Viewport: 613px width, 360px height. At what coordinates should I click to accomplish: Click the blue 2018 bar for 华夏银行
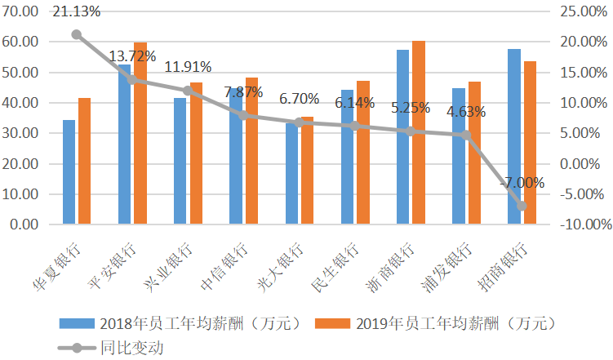point(69,172)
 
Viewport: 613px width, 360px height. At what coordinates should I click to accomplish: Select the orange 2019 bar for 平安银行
point(140,133)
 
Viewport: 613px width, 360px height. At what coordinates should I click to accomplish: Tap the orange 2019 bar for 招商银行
point(530,143)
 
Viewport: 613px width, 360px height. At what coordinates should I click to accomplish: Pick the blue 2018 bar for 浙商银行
point(402,137)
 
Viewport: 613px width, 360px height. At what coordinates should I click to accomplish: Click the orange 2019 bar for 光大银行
point(307,171)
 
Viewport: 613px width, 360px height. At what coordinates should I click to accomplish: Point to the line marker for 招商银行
point(522,206)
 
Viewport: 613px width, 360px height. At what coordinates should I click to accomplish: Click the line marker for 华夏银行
point(77,35)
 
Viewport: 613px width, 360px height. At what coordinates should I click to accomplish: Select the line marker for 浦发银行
point(465,136)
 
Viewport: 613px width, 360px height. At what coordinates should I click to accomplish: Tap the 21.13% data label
point(77,11)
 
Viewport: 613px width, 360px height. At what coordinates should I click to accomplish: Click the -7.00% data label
point(522,183)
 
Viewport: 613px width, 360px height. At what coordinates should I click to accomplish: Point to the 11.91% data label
point(188,67)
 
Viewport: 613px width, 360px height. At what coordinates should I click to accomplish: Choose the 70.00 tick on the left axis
point(20,11)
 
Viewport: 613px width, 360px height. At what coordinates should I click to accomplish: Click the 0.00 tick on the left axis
point(24,224)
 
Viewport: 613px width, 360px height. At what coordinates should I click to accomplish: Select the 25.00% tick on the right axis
point(584,11)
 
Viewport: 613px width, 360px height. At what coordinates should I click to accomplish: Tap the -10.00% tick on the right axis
point(586,224)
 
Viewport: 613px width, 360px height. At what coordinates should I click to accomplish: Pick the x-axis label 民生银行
point(335,267)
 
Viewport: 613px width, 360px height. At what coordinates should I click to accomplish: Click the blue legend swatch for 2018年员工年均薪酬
point(77,323)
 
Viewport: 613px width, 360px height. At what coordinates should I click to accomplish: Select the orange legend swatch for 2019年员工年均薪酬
point(333,323)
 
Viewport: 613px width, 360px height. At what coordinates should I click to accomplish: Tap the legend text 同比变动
point(132,348)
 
